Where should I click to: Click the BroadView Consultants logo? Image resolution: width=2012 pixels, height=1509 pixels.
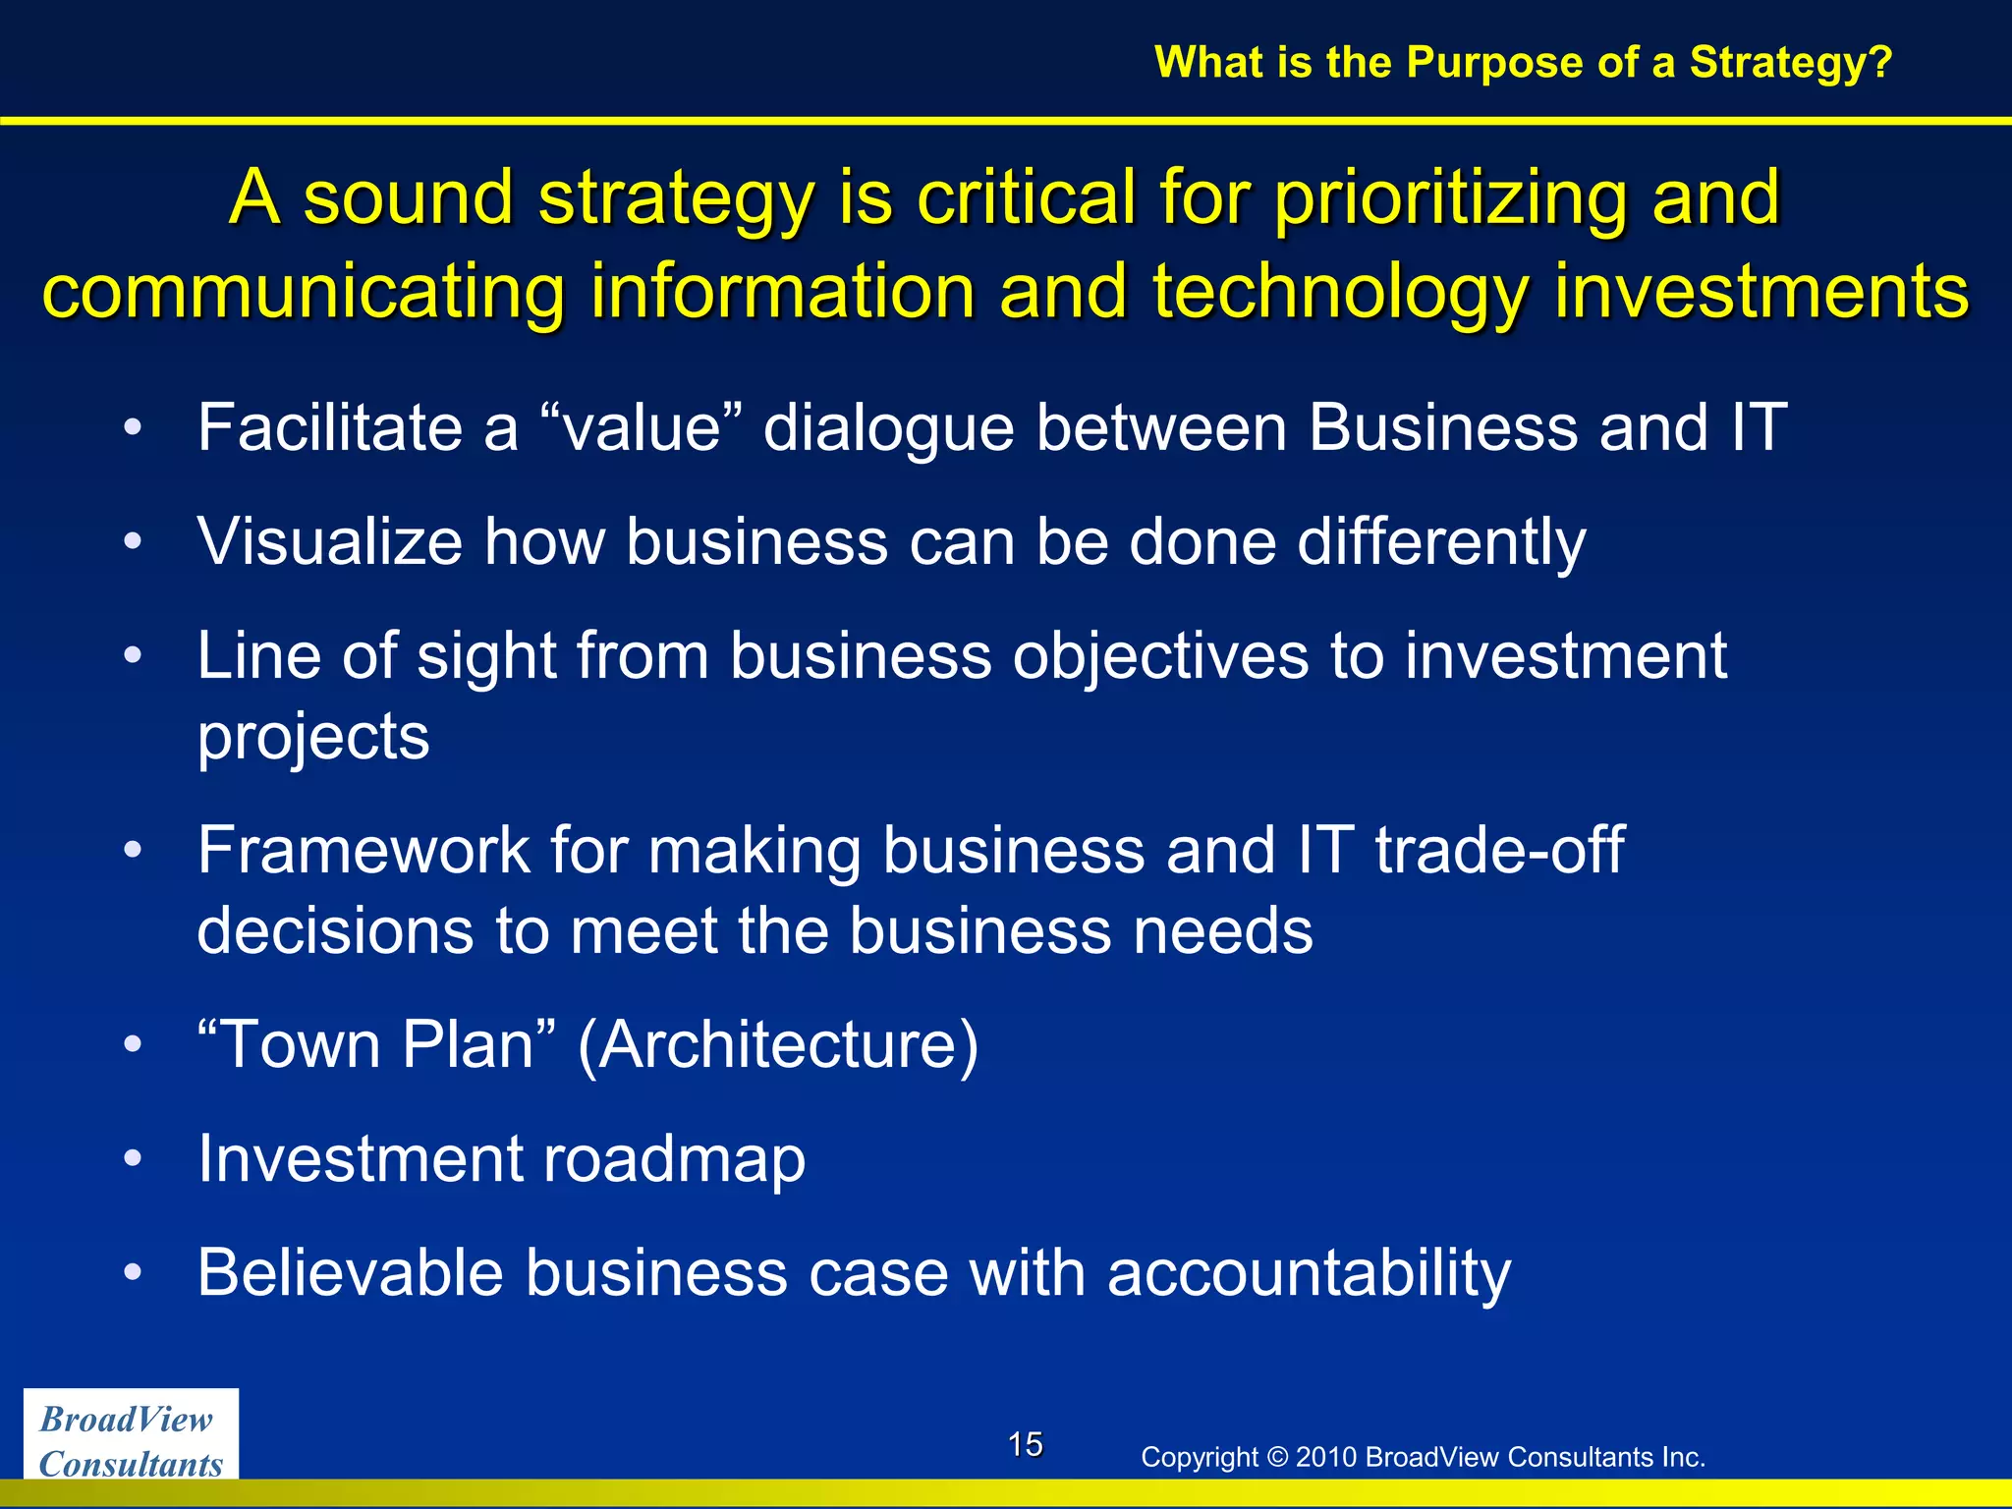[131, 1440]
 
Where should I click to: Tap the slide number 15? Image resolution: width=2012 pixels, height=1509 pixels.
[1025, 1444]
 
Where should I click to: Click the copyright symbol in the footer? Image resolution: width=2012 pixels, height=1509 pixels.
[1276, 1457]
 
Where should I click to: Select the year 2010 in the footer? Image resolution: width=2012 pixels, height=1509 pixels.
[1326, 1457]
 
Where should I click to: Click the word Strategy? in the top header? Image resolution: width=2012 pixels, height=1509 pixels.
[1790, 63]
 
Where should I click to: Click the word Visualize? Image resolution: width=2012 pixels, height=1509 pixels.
[329, 542]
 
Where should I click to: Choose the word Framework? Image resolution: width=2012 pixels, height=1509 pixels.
[363, 850]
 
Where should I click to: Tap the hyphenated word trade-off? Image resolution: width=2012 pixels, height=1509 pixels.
[1499, 850]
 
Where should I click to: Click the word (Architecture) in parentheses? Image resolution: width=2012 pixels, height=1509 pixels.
[778, 1045]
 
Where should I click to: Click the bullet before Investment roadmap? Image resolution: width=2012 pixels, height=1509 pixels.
[134, 1159]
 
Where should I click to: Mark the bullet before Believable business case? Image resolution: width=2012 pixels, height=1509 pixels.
[134, 1273]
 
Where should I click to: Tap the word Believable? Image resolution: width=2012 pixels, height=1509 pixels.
[350, 1273]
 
